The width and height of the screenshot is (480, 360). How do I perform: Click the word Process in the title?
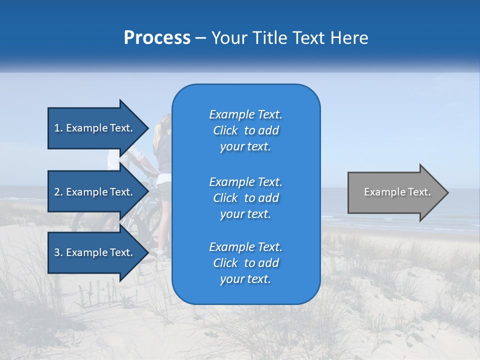click(157, 38)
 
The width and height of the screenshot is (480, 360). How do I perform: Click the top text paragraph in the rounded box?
click(245, 130)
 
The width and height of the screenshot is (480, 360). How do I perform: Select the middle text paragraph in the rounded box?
click(245, 197)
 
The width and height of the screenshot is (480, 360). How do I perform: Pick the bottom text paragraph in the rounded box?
click(245, 262)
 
